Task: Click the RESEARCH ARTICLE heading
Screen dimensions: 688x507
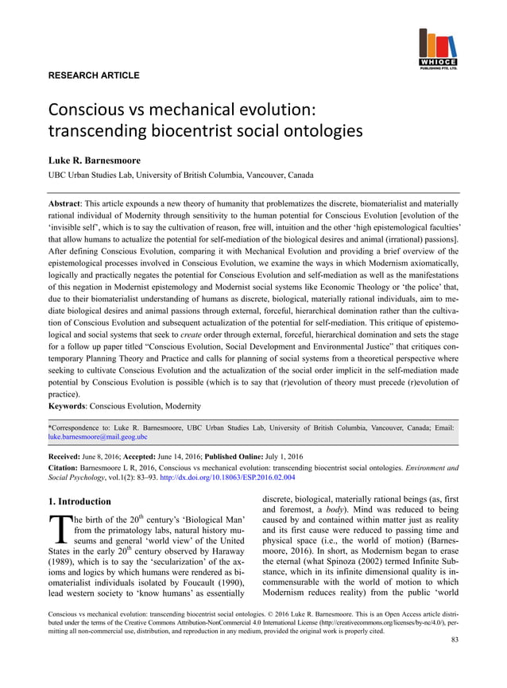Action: [95, 75]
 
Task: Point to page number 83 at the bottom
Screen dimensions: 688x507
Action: [454, 662]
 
